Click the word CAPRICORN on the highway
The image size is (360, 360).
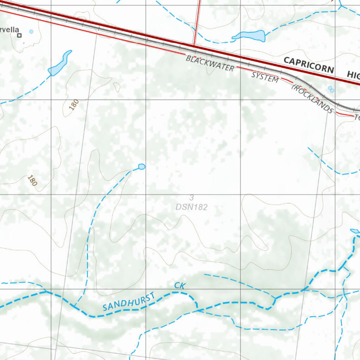pos(308,65)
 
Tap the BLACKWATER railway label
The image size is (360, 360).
pos(210,63)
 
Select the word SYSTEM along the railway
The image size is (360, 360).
pos(265,77)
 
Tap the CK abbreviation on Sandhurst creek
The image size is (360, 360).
pos(180,285)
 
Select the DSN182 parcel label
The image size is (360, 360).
pos(192,207)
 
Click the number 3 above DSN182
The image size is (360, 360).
pos(192,198)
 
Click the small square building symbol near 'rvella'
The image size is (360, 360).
pos(20,35)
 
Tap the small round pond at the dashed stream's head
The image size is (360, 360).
pos(142,166)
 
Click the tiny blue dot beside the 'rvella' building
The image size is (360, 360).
pos(31,32)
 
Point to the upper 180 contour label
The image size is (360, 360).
pos(74,105)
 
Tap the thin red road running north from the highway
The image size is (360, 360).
pos(197,21)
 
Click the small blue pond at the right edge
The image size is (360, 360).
pos(355,231)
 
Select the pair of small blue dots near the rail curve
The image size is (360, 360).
pos(331,89)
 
